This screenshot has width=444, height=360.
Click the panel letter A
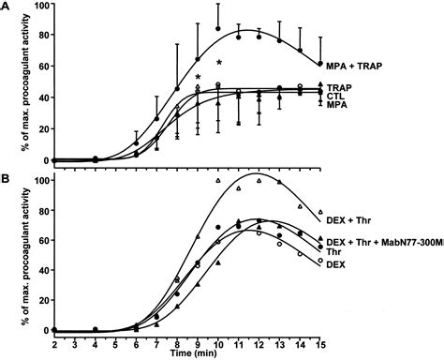tap(7, 7)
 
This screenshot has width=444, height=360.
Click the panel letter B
tap(7, 174)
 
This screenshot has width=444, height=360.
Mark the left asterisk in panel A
tap(198, 78)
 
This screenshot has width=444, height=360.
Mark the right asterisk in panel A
tap(219, 64)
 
